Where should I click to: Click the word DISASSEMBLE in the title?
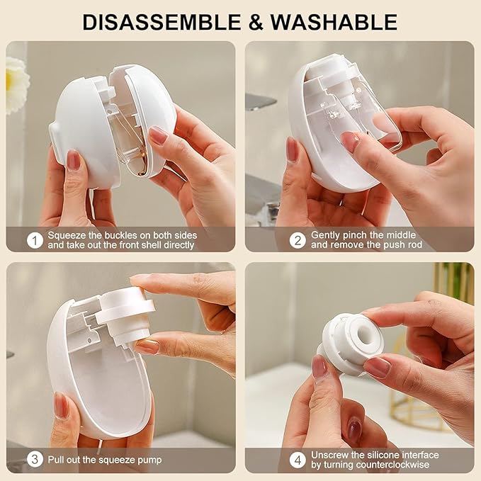162,22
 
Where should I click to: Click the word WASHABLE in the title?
334,22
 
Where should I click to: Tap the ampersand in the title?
256,22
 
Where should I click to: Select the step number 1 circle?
35,241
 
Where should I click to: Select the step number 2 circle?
298,241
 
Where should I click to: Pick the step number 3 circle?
35,460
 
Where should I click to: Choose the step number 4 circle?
298,460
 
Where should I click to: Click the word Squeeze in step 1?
67,236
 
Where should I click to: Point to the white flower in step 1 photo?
17,85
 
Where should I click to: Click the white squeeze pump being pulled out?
125,315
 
